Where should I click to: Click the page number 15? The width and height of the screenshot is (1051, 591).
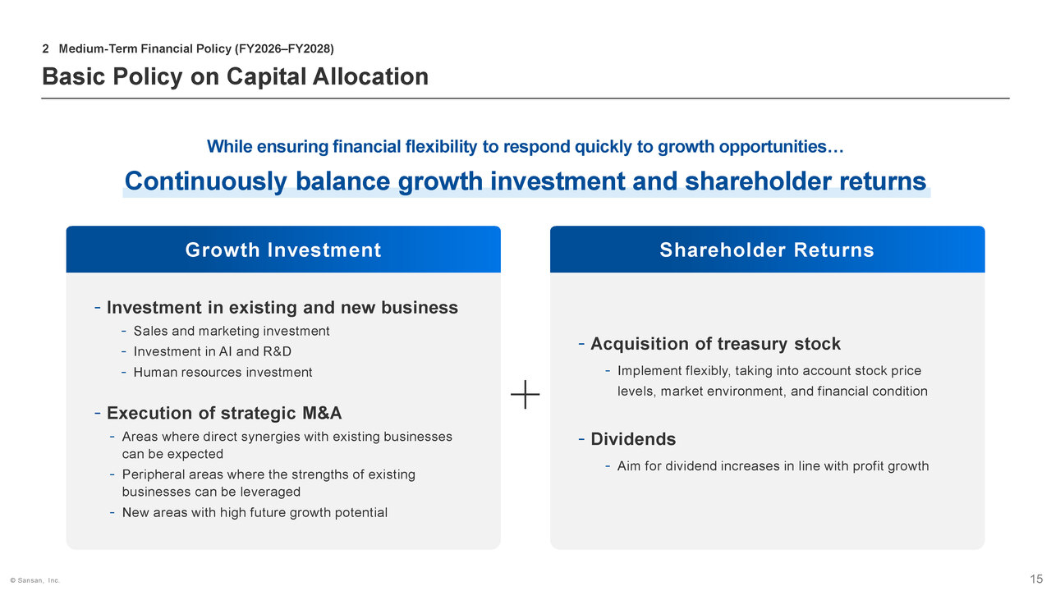[x=1036, y=579]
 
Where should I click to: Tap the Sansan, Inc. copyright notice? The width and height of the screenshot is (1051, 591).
[x=34, y=580]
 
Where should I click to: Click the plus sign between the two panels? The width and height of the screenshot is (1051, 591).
[x=525, y=395]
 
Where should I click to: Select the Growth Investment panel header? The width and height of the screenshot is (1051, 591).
[x=283, y=250]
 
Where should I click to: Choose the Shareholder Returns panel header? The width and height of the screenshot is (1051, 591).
[x=767, y=250]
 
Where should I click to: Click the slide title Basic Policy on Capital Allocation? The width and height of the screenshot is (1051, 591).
[x=235, y=76]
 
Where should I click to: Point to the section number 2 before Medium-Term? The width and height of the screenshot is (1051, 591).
[x=45, y=48]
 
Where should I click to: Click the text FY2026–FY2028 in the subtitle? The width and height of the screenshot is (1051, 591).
[x=284, y=48]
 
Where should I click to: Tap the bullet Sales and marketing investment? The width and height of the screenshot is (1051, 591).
[x=232, y=331]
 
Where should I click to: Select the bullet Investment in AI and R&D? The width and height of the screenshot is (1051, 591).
[x=212, y=352]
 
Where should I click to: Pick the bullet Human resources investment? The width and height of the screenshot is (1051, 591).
[x=223, y=373]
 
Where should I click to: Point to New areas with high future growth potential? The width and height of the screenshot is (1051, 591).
[x=255, y=513]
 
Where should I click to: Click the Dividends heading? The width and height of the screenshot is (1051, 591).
[x=633, y=439]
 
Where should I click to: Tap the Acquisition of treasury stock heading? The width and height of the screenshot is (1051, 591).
[x=715, y=344]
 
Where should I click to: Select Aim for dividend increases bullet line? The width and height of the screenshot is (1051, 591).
[x=773, y=466]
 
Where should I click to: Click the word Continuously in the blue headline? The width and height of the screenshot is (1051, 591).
[x=205, y=181]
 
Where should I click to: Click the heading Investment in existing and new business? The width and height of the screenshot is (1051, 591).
[x=282, y=308]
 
